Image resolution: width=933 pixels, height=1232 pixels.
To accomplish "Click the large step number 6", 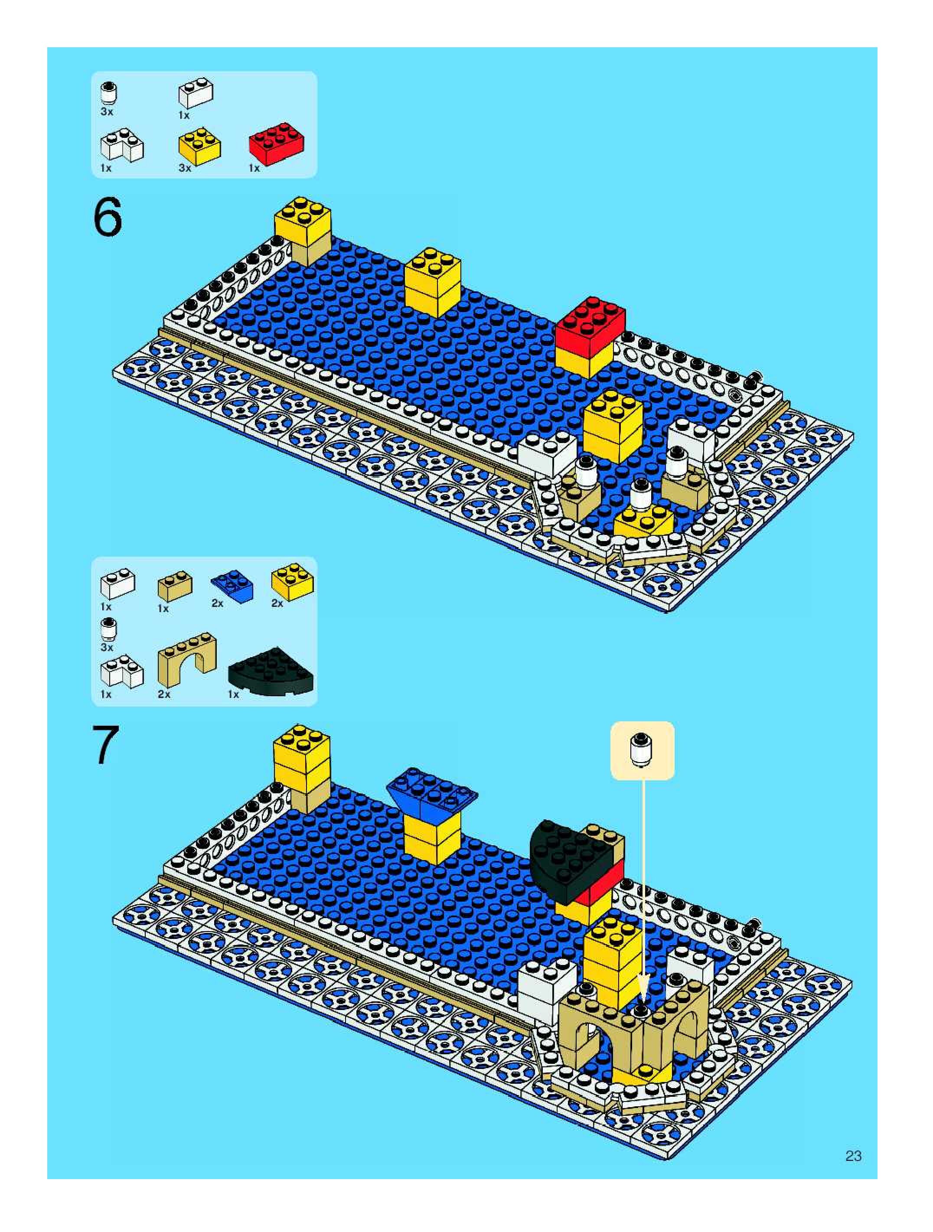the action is (108, 218).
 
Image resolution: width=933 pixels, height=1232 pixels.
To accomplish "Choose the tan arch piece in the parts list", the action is (187, 661).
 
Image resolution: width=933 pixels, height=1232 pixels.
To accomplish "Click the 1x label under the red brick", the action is (254, 168).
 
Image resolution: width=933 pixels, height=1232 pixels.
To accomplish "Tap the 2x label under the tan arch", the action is (164, 694).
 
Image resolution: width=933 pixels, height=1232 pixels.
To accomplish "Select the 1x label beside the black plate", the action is (233, 694).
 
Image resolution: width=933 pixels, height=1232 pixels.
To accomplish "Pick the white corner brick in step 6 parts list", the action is (121, 147).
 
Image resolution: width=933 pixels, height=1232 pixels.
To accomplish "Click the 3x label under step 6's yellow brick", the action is (185, 168).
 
